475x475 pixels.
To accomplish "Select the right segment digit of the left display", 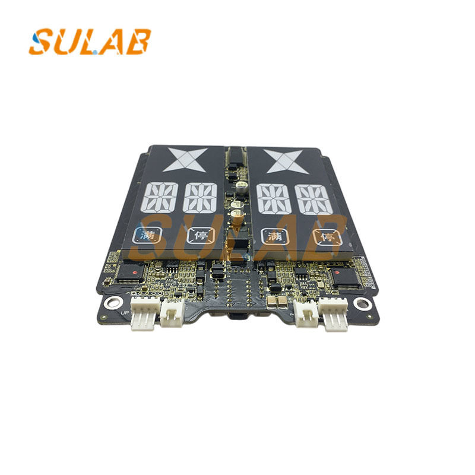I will coord(199,198).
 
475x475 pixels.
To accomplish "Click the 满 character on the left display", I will coord(144,236).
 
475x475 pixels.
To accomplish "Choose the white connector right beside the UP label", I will coord(143,317).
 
